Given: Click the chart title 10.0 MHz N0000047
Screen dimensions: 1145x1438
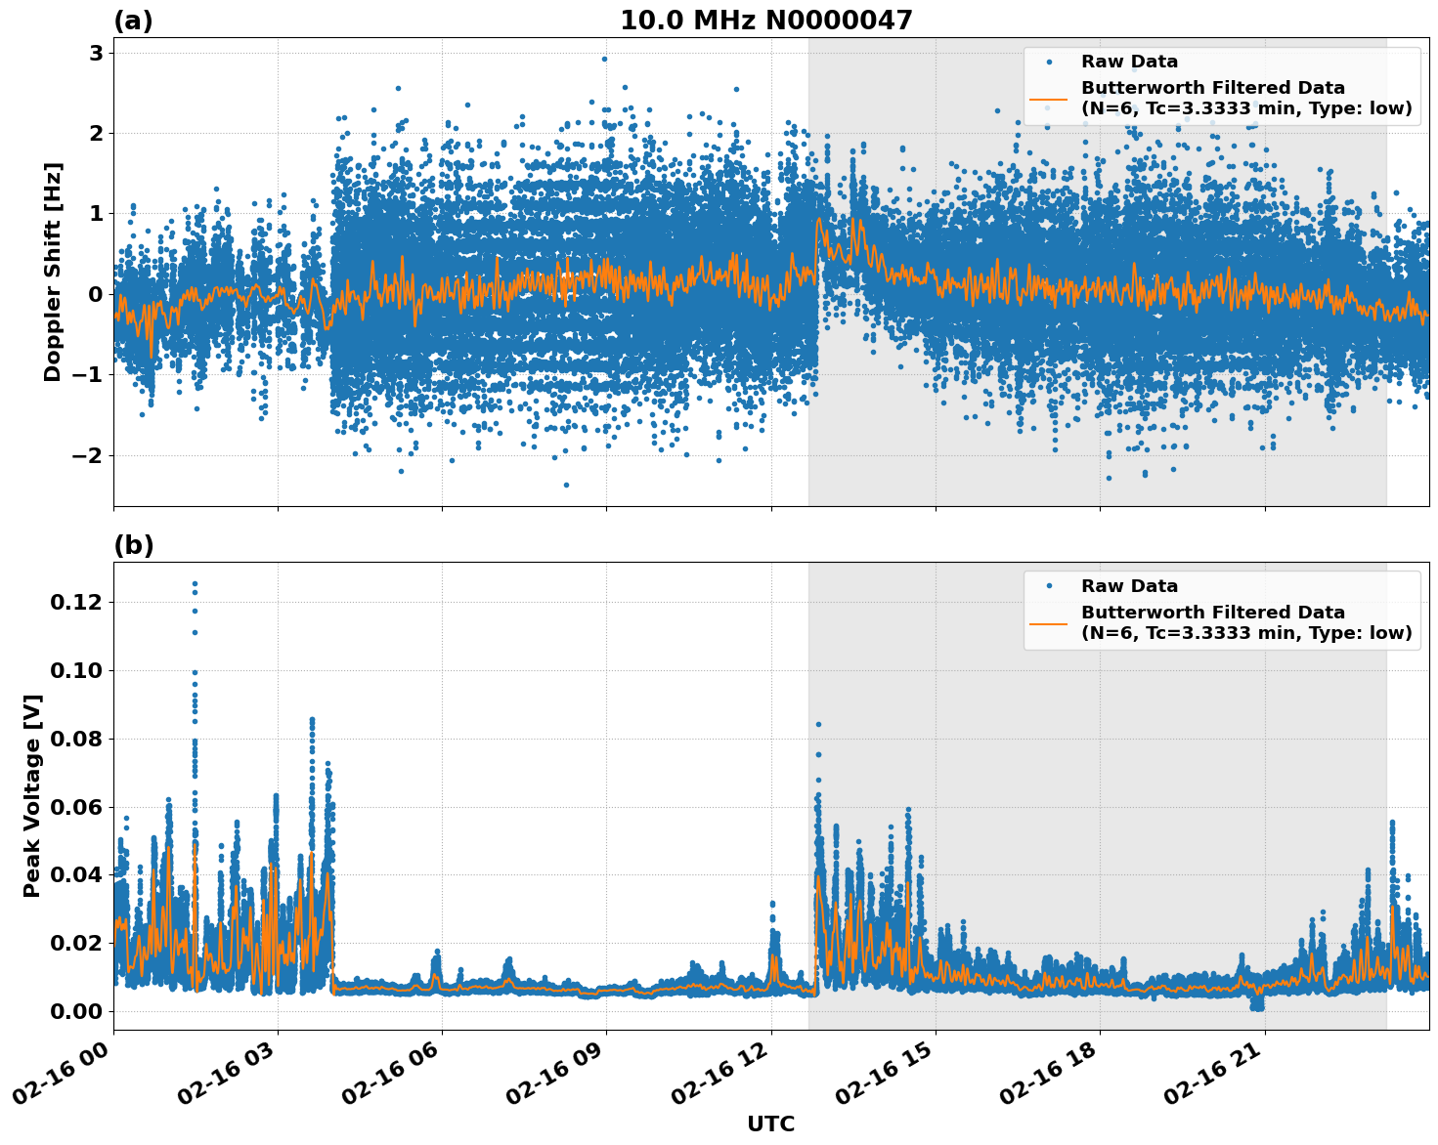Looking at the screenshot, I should [x=765, y=21].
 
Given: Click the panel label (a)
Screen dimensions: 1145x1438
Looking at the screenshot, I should [x=133, y=21].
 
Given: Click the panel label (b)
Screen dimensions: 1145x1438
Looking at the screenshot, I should [x=133, y=545].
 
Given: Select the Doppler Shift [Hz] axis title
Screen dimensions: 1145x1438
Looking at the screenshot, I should [x=53, y=272].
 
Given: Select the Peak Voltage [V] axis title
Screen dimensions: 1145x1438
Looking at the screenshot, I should [x=32, y=795].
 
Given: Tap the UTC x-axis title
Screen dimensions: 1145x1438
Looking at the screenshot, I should [x=770, y=1124].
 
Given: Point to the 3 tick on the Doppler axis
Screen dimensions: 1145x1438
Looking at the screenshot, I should [x=96, y=53].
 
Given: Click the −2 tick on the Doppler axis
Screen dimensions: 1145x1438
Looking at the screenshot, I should [x=89, y=455].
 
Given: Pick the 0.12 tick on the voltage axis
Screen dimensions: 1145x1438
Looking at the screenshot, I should [x=75, y=603].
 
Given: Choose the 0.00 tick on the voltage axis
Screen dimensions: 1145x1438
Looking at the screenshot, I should [x=75, y=1011].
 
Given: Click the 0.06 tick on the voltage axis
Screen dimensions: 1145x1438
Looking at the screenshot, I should [x=75, y=807].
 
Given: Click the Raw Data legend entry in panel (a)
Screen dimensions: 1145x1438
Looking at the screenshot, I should [x=1129, y=62].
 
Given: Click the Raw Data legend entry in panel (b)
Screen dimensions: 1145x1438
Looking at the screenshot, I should [x=1129, y=586].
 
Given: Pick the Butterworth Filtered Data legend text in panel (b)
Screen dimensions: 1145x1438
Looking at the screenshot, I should [x=1245, y=622].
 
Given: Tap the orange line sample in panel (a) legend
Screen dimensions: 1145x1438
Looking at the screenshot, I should [x=1049, y=99].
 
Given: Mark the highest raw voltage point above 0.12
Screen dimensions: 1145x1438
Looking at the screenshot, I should [x=195, y=584].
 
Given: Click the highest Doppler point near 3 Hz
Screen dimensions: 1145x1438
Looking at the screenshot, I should [x=604, y=59].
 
